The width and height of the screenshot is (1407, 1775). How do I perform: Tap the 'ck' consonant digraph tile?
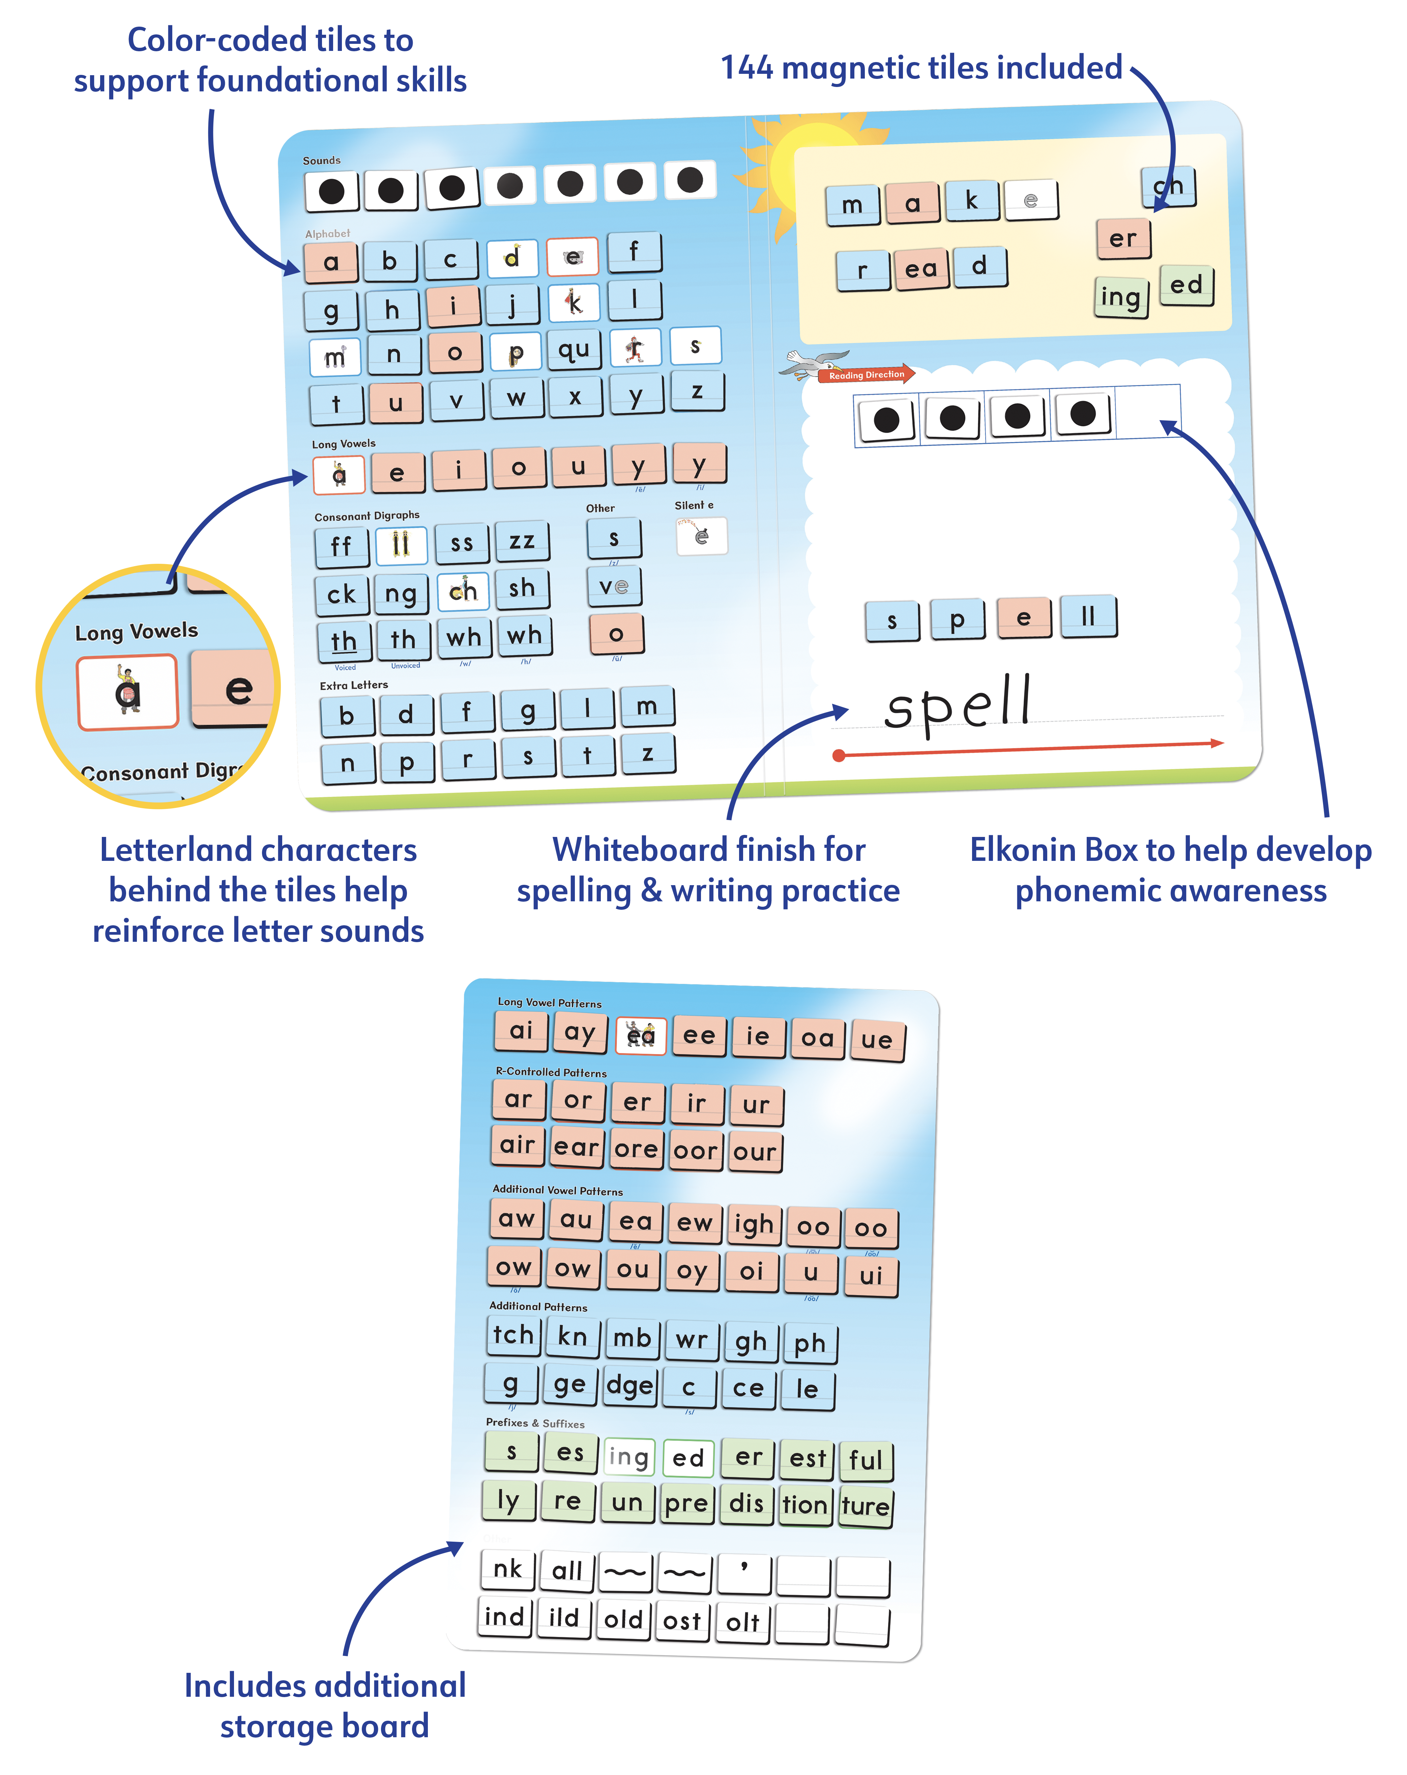coord(341,594)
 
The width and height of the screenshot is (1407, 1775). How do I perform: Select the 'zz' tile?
coord(522,542)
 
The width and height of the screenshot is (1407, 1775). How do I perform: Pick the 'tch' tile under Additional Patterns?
coord(513,1335)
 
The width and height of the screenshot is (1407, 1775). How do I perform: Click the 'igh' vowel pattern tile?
coord(753,1225)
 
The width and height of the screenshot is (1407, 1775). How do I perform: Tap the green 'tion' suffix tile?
coord(804,1506)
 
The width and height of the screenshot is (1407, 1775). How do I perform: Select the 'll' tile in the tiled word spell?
coord(1088,616)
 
